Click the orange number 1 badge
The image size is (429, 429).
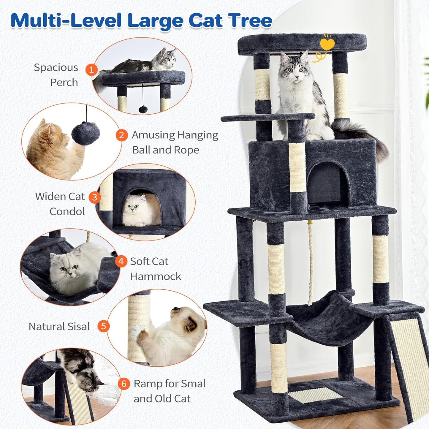[x=91, y=69]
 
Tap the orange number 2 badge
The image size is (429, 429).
[x=121, y=135]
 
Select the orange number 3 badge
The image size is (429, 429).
[x=95, y=197]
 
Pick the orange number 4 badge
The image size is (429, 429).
[x=121, y=261]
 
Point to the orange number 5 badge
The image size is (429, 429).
[x=103, y=326]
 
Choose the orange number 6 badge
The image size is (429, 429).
[x=124, y=384]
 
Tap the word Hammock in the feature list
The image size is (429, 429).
[x=155, y=276]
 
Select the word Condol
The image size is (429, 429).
[x=67, y=211]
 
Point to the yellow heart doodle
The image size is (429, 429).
[x=327, y=45]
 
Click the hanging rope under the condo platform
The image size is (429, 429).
[x=311, y=264]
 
